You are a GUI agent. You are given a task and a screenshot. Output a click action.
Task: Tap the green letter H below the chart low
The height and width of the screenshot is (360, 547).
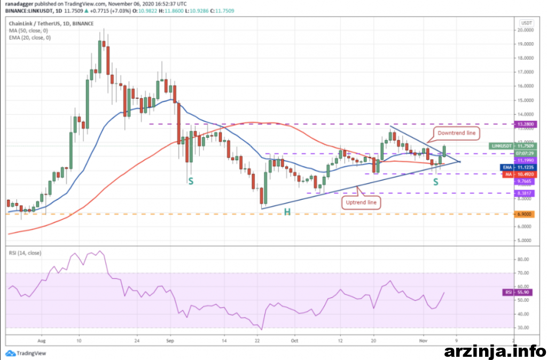287,212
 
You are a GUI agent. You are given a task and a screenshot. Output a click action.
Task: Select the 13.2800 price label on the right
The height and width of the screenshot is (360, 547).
526,124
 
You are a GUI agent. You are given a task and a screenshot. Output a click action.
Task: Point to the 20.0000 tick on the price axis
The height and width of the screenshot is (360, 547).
527,30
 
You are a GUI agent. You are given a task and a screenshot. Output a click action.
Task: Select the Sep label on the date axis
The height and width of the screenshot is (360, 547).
170,340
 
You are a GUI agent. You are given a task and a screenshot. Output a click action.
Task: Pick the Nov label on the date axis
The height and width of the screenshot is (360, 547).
423,340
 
